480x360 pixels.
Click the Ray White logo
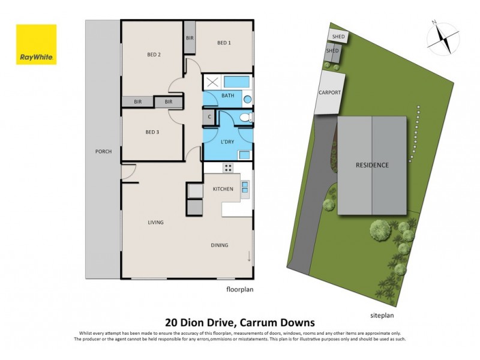pos(36,44)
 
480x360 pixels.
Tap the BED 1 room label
pos(224,43)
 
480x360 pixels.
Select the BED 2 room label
pos(154,55)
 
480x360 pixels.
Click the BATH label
pos(228,96)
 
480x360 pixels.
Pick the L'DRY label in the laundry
pos(227,142)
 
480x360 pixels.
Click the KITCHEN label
pos(223,190)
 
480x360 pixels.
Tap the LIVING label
pos(156,223)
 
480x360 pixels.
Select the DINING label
pos(219,245)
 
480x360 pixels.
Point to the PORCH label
pos(103,151)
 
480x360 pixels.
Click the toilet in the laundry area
pos(244,119)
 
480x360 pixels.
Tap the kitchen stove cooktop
pos(228,167)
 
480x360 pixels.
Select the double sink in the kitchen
pos(245,189)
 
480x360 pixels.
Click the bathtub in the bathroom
pos(238,82)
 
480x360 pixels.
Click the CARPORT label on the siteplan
pos(329,93)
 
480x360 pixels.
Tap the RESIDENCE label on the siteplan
pos(372,165)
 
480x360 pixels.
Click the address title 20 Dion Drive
pos(239,322)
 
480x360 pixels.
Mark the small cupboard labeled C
pos(209,118)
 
